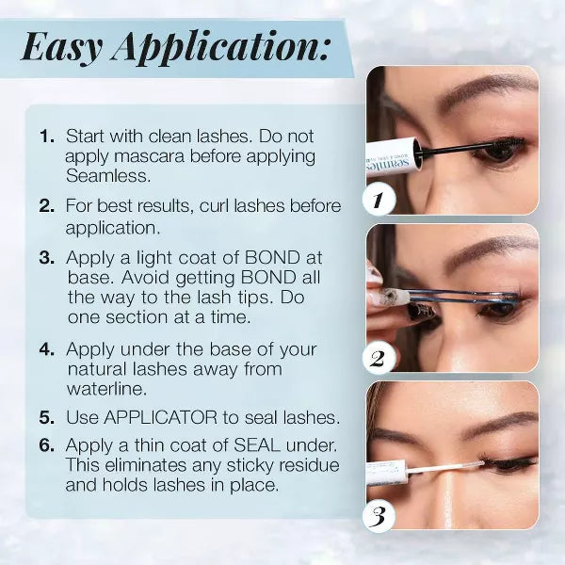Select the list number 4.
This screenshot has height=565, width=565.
47,349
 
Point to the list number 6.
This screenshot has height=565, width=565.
47,445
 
